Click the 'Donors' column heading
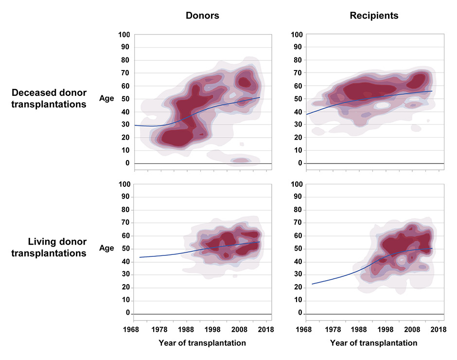coord(202,16)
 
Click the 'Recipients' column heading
coord(374,16)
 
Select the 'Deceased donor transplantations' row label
coord(49,98)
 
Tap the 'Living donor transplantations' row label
coord(49,248)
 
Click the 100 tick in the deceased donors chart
coord(124,35)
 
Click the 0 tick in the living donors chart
coord(127,313)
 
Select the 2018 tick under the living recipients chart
coord(439,329)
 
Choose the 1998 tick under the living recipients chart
coord(386,329)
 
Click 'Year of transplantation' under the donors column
coord(202,343)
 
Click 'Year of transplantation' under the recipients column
coord(373,343)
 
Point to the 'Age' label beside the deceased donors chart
coord(107,98)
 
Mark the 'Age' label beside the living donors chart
coord(107,248)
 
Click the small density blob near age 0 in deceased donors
coord(240,160)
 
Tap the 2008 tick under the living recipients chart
coord(412,329)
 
